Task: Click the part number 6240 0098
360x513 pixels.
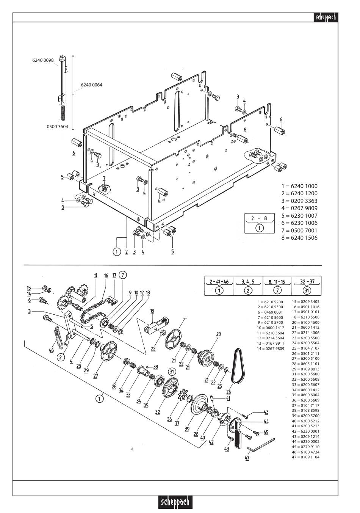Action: pos(43,60)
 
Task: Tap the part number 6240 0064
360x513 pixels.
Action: pos(92,85)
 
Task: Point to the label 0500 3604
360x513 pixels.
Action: pos(58,127)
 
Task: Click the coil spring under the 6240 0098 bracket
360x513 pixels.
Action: pos(63,113)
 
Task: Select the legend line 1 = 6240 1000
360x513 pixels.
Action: pos(299,186)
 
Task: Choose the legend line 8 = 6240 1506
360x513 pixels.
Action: pos(299,238)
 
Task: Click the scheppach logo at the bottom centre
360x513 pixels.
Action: pos(175,502)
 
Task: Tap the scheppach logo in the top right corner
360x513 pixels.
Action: pos(326,17)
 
